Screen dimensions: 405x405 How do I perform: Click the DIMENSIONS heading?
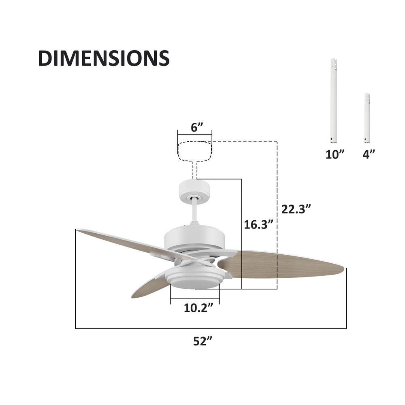click(104, 58)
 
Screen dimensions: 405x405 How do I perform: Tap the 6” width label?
click(197, 128)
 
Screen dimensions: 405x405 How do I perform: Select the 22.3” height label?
click(296, 209)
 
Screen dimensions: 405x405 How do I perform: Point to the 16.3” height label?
click(258, 224)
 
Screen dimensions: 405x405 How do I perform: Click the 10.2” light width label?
click(198, 308)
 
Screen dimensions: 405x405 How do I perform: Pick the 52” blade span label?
click(202, 341)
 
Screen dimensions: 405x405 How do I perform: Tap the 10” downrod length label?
click(335, 154)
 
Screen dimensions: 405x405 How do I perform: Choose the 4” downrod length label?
click(369, 154)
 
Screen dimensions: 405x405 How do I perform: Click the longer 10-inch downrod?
click(333, 101)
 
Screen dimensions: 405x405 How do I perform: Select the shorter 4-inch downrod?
click(367, 118)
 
